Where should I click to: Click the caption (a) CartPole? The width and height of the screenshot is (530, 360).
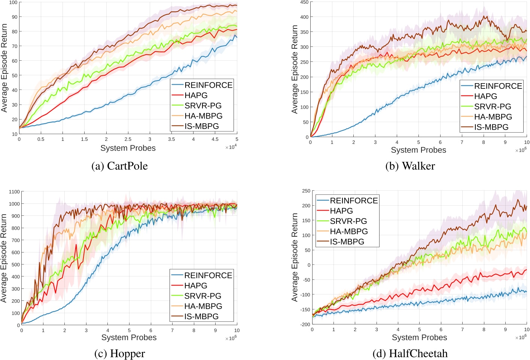pyautogui.click(x=119, y=166)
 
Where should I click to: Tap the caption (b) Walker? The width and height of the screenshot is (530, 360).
pyautogui.click(x=410, y=166)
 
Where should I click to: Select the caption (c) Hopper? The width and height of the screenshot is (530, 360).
pyautogui.click(x=119, y=354)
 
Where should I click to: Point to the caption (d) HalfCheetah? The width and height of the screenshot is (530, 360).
pyautogui.click(x=410, y=354)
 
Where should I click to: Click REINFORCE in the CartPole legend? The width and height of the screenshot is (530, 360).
pyautogui.click(x=208, y=85)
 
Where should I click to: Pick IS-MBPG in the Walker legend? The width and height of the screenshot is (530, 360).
pyautogui.click(x=491, y=127)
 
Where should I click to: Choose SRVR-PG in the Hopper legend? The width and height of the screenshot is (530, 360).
pyautogui.click(x=202, y=296)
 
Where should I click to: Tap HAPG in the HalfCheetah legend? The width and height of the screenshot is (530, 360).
pyautogui.click(x=341, y=211)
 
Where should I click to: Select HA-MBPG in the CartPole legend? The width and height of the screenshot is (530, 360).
pyautogui.click(x=203, y=116)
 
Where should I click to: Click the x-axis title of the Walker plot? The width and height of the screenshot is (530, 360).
pyautogui.click(x=418, y=150)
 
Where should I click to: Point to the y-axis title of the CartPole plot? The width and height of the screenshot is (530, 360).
pyautogui.click(x=4, y=68)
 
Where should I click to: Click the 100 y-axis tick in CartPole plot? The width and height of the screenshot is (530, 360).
pyautogui.click(x=13, y=3)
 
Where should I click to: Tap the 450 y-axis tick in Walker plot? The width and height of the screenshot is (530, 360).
pyautogui.click(x=304, y=3)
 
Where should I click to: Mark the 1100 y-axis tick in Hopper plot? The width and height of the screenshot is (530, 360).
pyautogui.click(x=14, y=192)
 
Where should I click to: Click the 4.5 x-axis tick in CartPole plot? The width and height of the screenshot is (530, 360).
pyautogui.click(x=215, y=139)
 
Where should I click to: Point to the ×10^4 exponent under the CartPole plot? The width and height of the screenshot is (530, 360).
pyautogui.click(x=231, y=147)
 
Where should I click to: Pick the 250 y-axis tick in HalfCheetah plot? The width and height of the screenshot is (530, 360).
pyautogui.click(x=306, y=191)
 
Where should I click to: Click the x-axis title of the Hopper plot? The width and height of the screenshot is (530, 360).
pyautogui.click(x=129, y=338)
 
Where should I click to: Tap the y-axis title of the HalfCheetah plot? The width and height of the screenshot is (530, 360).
pyautogui.click(x=295, y=257)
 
